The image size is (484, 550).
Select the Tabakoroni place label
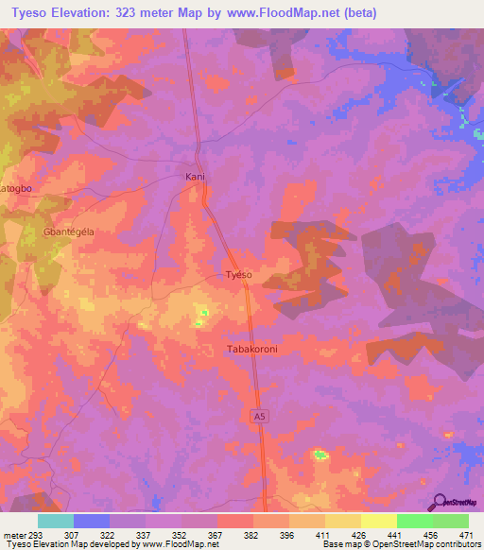[252, 349]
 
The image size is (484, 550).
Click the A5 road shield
[260, 416]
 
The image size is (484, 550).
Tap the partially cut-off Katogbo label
[16, 188]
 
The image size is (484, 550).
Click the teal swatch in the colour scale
[56, 521]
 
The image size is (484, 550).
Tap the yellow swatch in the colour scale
[378, 521]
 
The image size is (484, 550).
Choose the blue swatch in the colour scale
[92, 521]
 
